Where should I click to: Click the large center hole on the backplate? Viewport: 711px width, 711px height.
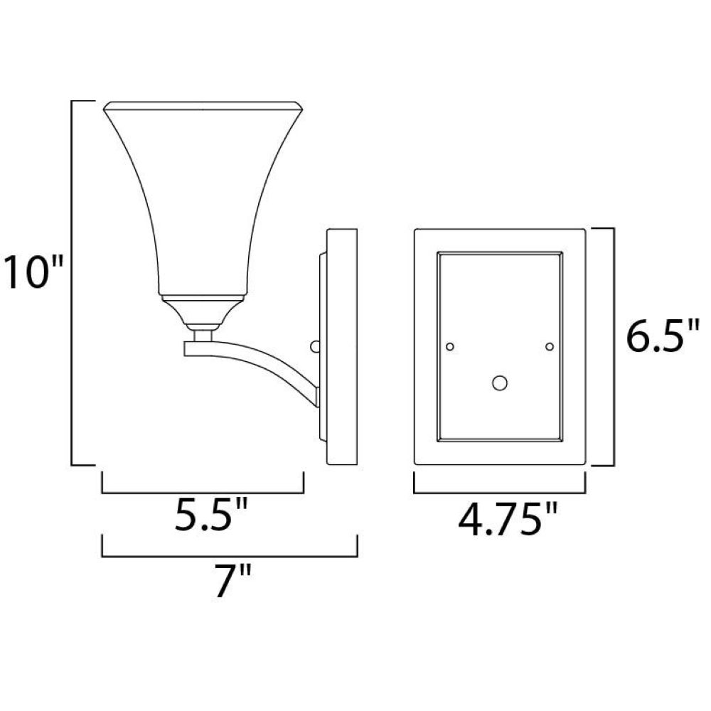(x=499, y=383)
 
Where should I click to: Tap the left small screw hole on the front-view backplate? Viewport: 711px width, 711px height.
(x=450, y=347)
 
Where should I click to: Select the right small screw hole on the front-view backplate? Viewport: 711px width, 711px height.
(x=549, y=347)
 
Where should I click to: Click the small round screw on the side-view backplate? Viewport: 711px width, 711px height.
(x=315, y=347)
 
